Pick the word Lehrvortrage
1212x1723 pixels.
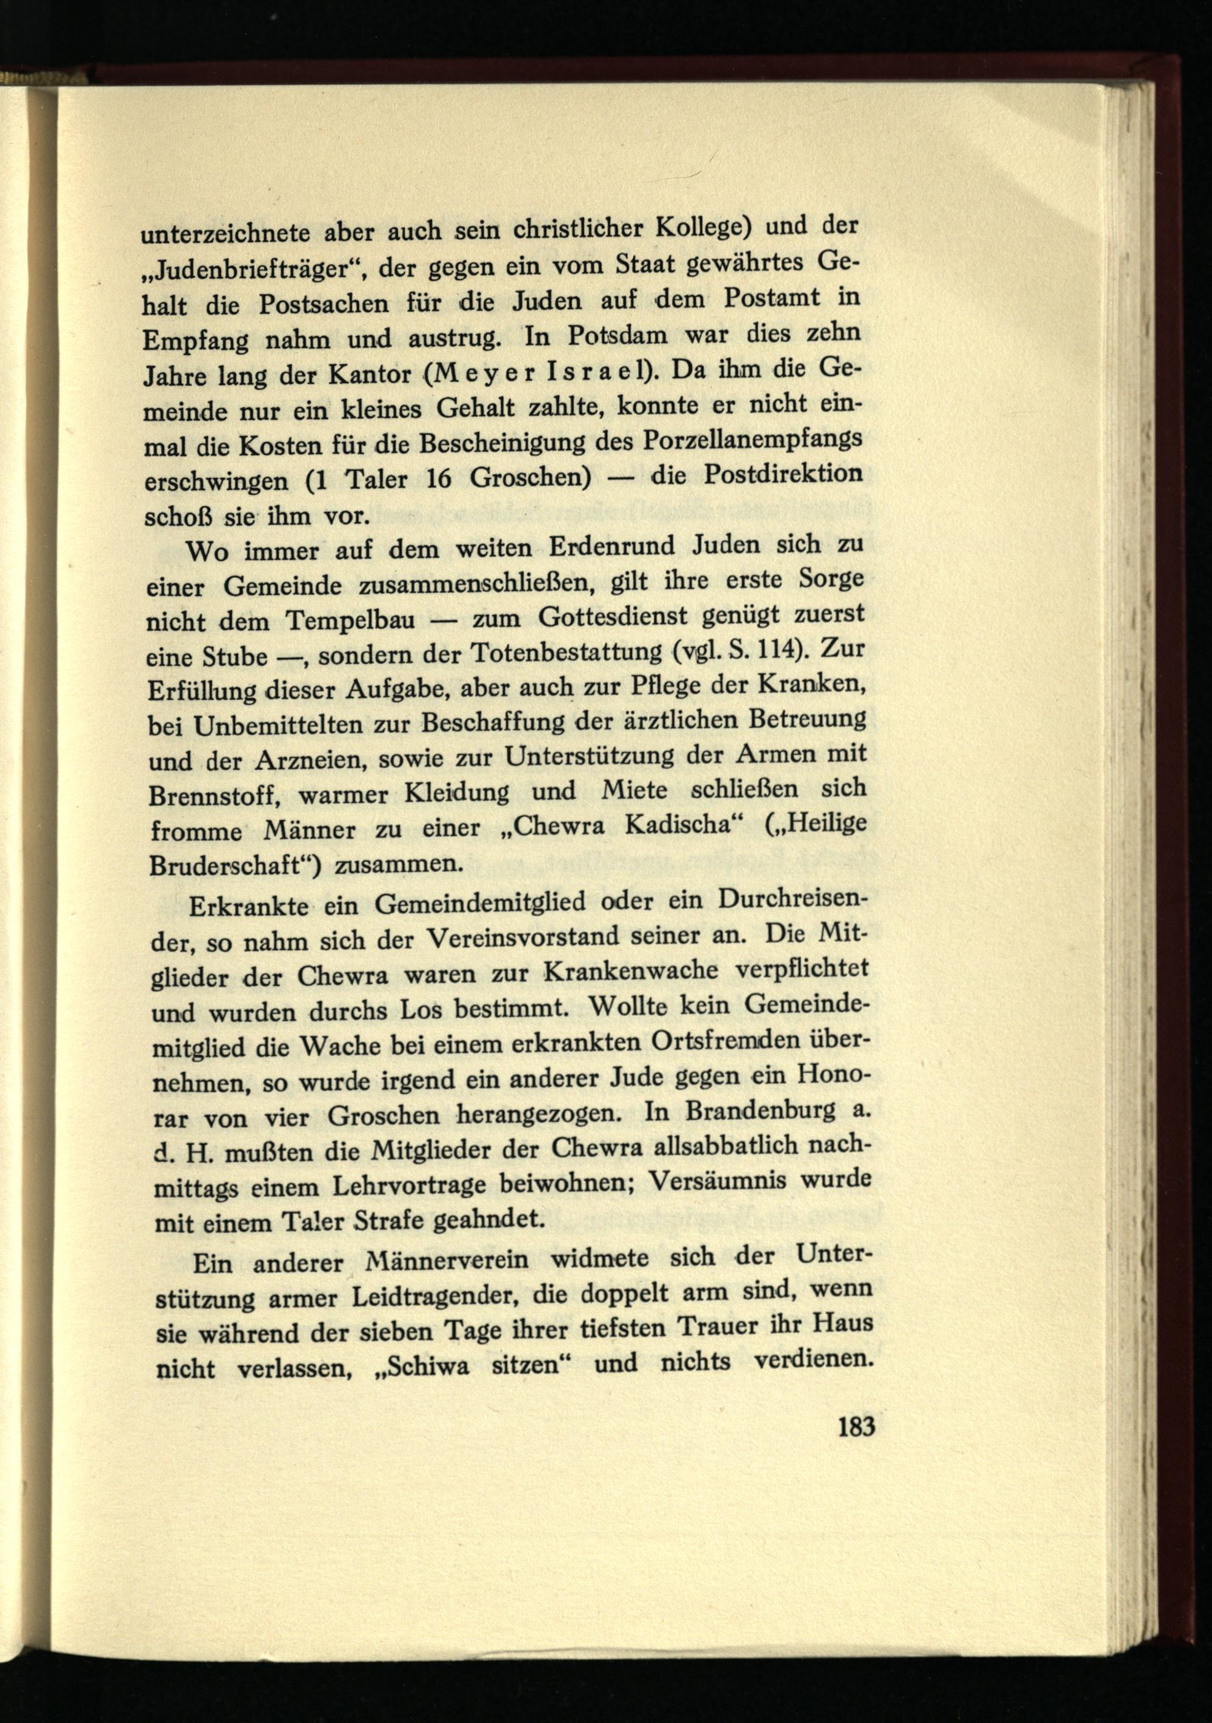point(394,1186)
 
